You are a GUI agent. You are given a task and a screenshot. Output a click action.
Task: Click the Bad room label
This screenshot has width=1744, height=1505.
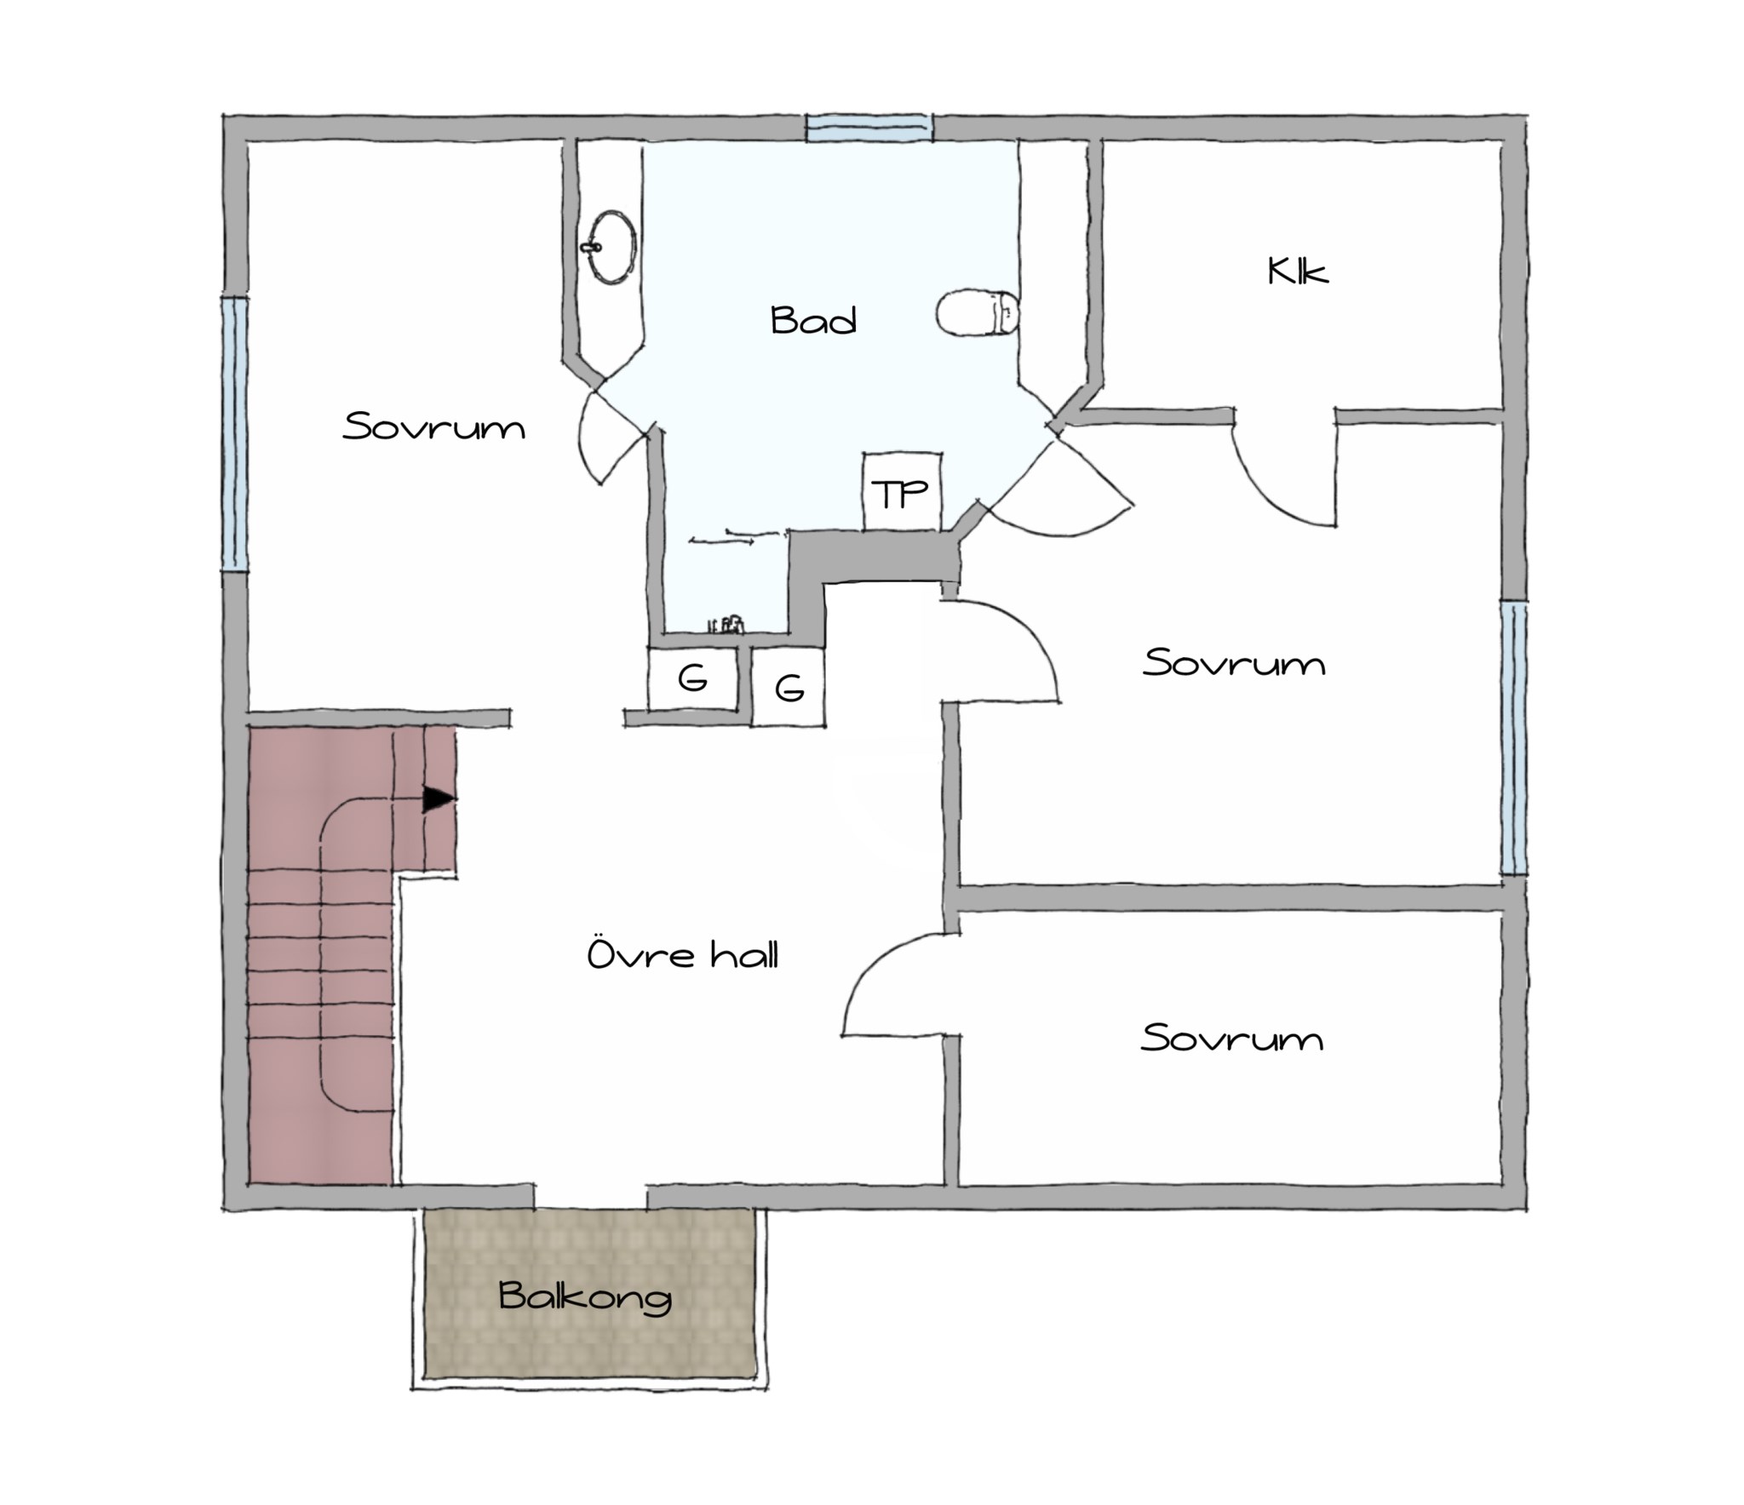813,320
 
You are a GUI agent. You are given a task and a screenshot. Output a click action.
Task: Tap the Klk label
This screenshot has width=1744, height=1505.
1297,272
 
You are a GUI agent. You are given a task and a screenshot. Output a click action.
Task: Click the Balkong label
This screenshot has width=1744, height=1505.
586,1296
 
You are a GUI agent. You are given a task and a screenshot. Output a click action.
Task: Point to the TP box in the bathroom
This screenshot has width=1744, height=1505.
902,491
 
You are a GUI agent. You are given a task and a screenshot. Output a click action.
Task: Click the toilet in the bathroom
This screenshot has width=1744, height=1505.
978,313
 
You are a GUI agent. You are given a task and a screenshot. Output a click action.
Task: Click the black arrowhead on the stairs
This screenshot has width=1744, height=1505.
439,799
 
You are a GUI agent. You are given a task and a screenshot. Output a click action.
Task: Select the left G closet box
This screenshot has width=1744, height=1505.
692,678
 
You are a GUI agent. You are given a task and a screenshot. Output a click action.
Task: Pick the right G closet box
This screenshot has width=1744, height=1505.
789,687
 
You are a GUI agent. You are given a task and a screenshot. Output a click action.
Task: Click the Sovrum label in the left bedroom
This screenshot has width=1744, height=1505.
433,426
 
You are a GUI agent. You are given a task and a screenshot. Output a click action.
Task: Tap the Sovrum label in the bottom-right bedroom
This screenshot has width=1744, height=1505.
1231,1038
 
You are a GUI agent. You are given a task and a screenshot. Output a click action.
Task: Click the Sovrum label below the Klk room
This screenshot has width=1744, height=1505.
1234,662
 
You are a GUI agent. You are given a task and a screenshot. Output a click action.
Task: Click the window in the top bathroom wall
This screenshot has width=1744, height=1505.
869,128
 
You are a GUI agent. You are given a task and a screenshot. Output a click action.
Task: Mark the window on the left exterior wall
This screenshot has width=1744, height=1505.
235,433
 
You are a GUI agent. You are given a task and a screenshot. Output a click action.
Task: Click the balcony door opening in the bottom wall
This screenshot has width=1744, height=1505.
590,1196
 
